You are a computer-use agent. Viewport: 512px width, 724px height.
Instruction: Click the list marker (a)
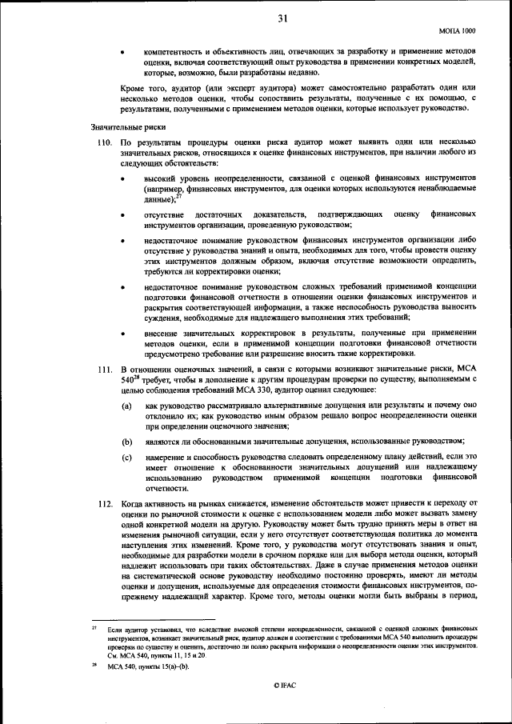click(126, 406)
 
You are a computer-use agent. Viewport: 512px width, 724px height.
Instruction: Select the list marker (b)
click(126, 441)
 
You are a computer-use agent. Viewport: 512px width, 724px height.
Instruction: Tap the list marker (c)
click(126, 457)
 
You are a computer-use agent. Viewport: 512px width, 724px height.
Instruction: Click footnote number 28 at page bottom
click(95, 664)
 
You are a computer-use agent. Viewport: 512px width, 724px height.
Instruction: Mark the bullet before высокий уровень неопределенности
click(122, 180)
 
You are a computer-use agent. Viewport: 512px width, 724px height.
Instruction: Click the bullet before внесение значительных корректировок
click(122, 332)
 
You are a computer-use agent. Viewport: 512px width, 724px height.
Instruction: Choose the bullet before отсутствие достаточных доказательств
click(122, 215)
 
